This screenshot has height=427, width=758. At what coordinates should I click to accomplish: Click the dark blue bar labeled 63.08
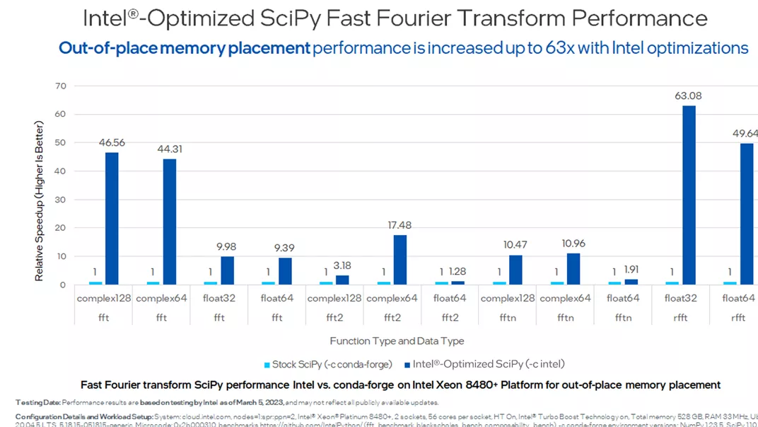point(688,195)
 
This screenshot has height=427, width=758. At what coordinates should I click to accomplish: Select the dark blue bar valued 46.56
point(112,219)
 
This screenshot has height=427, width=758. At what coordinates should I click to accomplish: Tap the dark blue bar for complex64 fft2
point(400,260)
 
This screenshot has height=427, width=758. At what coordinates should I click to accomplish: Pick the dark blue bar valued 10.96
point(573,269)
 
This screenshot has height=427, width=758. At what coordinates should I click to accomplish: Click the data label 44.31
point(169,149)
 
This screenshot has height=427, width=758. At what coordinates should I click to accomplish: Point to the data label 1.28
point(457,272)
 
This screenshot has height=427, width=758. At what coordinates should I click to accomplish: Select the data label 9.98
point(226,246)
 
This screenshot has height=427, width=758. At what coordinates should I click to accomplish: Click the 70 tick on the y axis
point(61,86)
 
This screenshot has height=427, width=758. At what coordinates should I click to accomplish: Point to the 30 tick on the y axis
point(61,200)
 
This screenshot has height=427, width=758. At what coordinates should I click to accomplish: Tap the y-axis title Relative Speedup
point(40,201)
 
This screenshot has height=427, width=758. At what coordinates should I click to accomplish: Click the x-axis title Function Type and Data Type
point(397,341)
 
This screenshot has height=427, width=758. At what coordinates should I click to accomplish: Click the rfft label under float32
point(681,317)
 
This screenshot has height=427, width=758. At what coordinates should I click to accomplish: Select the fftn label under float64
point(623,317)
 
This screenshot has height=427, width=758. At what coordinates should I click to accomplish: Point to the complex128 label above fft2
point(334,298)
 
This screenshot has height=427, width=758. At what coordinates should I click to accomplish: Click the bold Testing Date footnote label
point(37,402)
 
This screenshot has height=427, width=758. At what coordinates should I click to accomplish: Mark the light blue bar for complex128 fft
point(96,283)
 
